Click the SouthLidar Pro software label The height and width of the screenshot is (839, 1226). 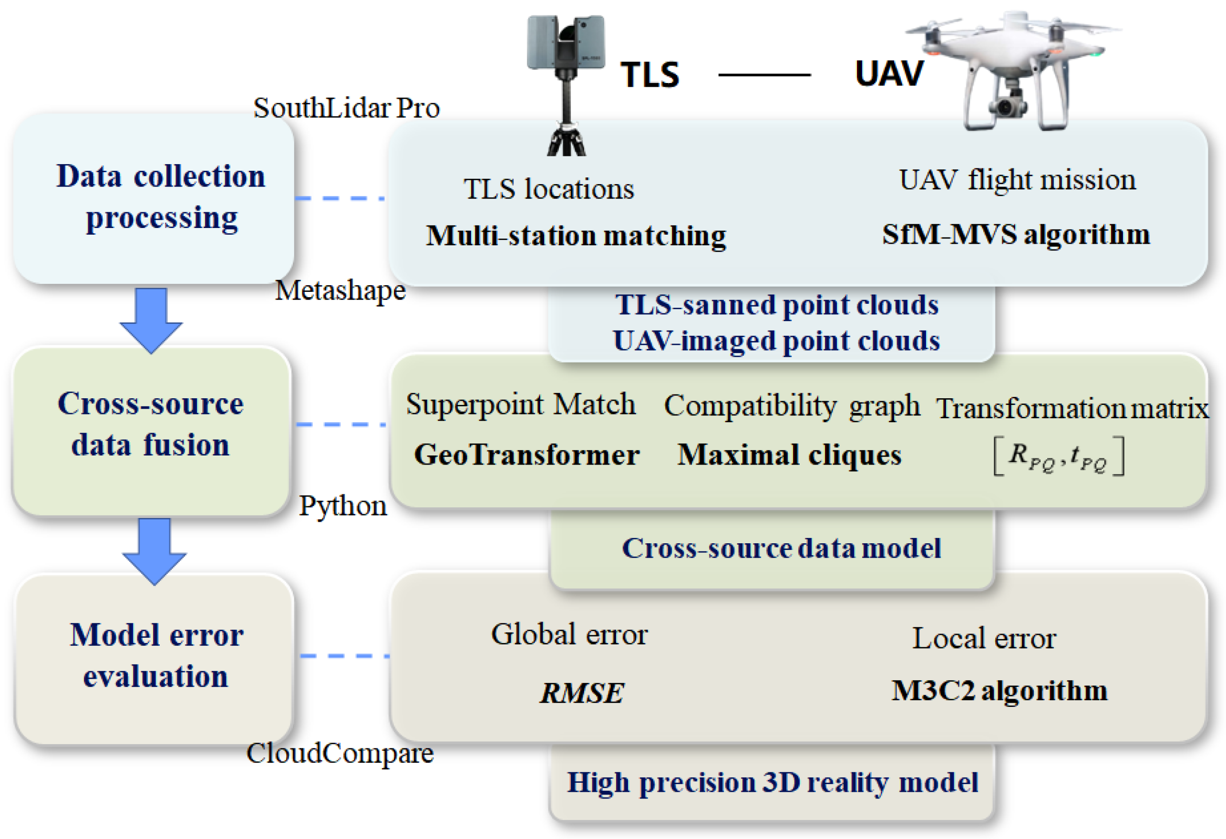pos(346,108)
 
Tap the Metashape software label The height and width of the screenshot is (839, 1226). pos(340,290)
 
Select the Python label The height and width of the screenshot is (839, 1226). pos(343,506)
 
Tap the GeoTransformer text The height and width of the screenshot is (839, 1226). pos(526,455)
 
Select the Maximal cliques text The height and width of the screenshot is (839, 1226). pos(789,455)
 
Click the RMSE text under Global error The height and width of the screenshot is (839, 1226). pos(581,693)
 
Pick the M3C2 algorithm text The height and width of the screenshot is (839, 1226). pos(999,691)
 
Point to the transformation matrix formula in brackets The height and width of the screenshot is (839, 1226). pos(1058,456)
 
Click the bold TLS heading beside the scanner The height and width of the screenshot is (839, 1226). pos(649,74)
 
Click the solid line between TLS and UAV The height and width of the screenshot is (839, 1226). pos(764,75)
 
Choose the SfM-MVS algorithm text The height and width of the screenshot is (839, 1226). pos(1016,234)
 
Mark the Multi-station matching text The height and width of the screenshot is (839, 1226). pos(576,236)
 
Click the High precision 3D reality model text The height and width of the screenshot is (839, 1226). pos(773,783)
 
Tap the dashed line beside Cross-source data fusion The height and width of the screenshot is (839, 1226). pos(341,424)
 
